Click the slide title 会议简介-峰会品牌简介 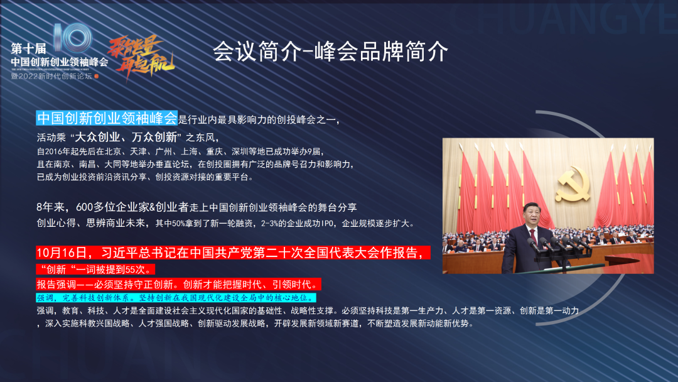pos(330,52)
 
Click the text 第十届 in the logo pos(24,49)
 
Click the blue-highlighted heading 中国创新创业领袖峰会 pos(107,117)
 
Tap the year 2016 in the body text pos(55,151)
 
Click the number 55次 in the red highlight pos(133,269)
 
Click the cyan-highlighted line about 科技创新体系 pos(176,297)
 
